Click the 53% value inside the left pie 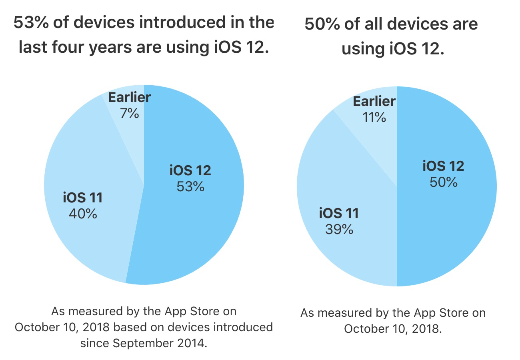click(x=190, y=186)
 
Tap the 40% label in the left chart click(x=83, y=214)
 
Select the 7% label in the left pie click(x=129, y=114)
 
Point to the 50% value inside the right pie click(x=443, y=182)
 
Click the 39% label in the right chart click(x=339, y=229)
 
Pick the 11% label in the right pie click(x=374, y=117)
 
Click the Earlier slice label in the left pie click(x=129, y=97)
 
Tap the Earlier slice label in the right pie click(x=374, y=101)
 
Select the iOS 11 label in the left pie click(x=83, y=198)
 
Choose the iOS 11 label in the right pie click(x=339, y=213)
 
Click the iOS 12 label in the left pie click(x=190, y=170)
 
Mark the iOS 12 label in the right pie click(x=443, y=166)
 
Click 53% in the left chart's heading click(x=29, y=23)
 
